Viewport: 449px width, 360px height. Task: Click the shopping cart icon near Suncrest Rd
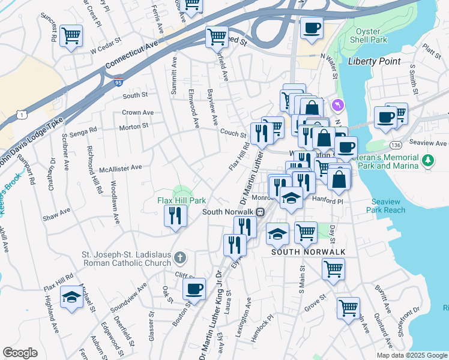tap(71, 35)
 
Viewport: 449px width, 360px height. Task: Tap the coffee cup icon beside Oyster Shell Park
tap(311, 28)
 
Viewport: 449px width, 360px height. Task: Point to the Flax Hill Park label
tap(182, 200)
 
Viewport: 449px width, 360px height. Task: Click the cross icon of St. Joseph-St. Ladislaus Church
tap(179, 259)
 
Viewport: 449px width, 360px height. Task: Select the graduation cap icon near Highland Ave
tap(71, 296)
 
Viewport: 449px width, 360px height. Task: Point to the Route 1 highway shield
tap(22, 114)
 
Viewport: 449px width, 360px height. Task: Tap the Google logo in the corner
tap(20, 353)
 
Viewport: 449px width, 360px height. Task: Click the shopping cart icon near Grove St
tap(348, 308)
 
